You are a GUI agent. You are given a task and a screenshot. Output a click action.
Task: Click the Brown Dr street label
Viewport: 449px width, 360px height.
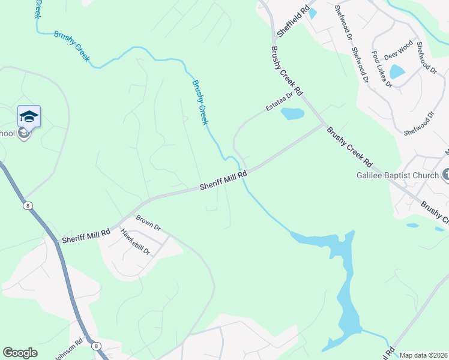coord(148,223)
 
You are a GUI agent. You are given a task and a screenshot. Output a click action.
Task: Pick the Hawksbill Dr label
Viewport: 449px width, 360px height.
coord(134,242)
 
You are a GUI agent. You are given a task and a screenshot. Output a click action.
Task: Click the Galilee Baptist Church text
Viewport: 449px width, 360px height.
coord(396,176)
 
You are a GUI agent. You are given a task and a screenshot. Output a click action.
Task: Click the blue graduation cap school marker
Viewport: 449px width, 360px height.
coord(29,116)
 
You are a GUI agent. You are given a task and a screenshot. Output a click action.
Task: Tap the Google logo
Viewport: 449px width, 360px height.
coord(20,353)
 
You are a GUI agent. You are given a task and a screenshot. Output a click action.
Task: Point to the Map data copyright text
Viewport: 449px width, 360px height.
coord(423,355)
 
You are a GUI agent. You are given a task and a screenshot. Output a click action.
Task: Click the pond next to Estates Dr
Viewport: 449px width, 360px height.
coord(292,114)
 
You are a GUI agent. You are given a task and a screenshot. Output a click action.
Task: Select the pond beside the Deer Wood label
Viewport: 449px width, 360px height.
coord(397,72)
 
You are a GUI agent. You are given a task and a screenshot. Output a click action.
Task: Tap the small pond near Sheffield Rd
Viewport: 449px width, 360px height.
coord(312,13)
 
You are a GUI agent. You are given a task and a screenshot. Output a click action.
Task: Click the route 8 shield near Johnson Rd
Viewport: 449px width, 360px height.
coord(95,346)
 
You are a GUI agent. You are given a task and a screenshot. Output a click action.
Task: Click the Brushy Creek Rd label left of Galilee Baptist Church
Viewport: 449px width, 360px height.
coord(350,147)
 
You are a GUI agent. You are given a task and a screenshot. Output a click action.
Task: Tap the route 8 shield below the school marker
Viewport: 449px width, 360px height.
coord(28,206)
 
